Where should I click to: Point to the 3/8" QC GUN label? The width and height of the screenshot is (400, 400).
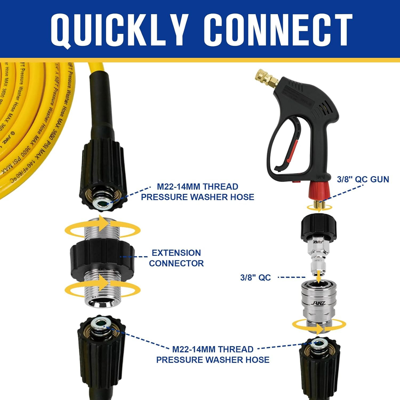pos(363,179)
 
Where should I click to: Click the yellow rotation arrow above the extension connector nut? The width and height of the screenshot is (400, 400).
pos(103,229)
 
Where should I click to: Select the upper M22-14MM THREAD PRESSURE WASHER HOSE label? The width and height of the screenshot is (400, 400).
pos(197,192)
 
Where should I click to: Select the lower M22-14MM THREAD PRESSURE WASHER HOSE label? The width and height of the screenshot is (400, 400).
pos(213,354)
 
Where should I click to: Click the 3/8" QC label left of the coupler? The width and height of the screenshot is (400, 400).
pos(255,278)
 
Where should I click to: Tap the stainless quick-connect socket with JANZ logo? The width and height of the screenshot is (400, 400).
pos(319,301)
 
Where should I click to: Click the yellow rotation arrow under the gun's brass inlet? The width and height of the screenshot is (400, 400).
pos(319,208)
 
